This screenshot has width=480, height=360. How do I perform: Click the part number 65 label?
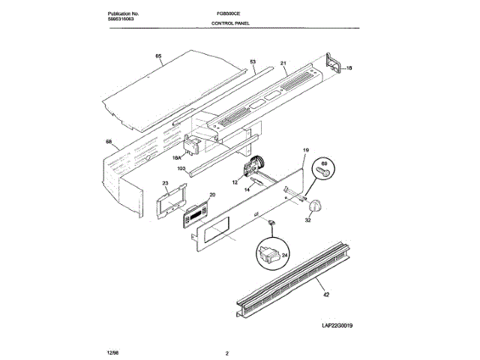tap(158, 56)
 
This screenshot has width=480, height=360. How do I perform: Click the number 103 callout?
tap(181, 169)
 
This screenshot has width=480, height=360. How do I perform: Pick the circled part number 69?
tap(325, 163)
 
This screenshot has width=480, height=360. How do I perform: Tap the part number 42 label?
tap(325, 297)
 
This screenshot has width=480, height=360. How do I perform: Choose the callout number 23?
tap(165, 183)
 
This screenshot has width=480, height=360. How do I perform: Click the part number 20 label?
tap(211, 195)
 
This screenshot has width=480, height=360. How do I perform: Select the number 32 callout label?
tap(308, 220)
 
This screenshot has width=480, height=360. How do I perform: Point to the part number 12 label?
tap(235, 181)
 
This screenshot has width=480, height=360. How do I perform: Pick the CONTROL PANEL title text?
tap(229, 23)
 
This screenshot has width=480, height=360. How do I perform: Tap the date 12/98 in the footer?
tap(113, 350)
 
